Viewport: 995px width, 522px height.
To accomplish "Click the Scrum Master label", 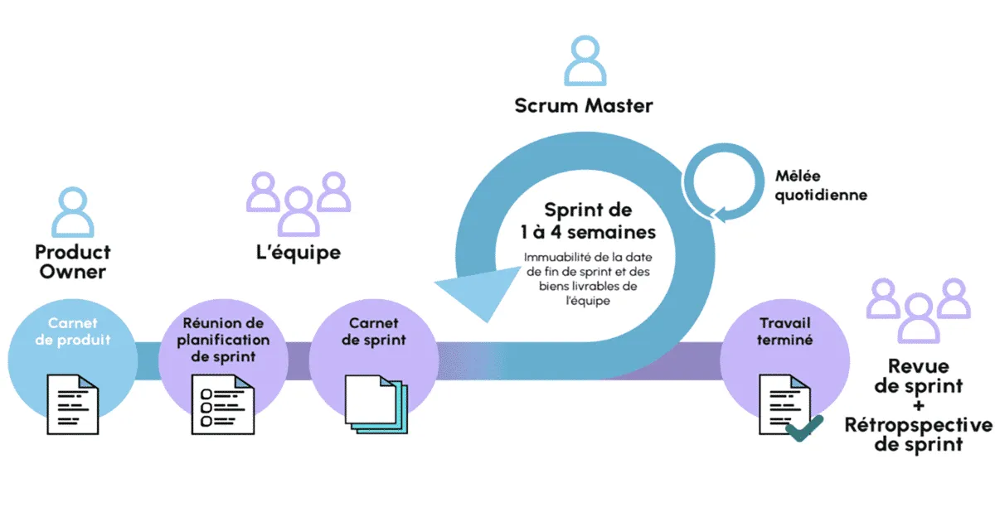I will click(x=584, y=105).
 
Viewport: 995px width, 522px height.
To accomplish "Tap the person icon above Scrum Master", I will click(x=585, y=61).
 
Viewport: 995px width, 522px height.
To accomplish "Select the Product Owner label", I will click(x=73, y=262).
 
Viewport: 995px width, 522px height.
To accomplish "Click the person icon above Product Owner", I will click(x=73, y=213).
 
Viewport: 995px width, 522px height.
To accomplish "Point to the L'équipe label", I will click(x=298, y=252).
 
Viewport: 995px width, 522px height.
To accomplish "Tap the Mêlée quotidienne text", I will click(x=821, y=186).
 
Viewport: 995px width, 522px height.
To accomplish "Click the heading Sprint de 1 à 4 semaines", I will click(x=588, y=220).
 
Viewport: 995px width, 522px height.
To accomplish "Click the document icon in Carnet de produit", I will click(x=73, y=404).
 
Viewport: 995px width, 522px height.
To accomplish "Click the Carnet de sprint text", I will click(x=372, y=331).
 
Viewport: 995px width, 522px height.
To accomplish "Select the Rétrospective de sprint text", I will click(x=919, y=435).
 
